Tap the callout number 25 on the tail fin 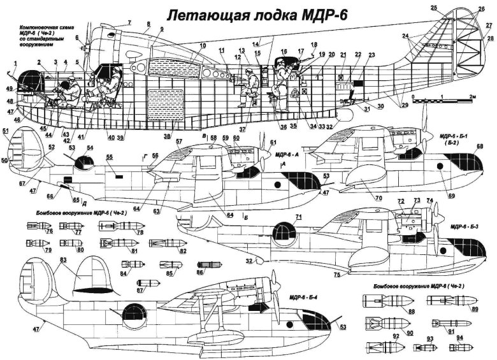(433, 8)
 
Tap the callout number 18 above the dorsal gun (313, 44)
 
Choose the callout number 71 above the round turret (297, 217)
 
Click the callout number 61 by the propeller (273, 142)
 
